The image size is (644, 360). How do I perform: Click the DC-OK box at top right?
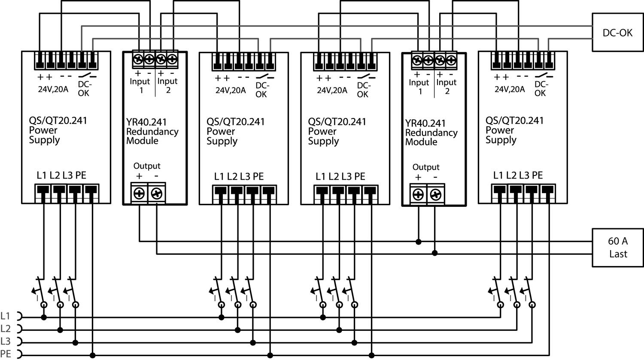617,33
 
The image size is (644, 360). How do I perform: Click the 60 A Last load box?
617,248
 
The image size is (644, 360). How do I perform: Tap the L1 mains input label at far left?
6,316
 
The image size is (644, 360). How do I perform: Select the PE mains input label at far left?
6,354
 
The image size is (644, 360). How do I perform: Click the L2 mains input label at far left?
6,329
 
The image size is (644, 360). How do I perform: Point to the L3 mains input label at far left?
6,342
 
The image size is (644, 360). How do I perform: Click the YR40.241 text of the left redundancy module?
146,122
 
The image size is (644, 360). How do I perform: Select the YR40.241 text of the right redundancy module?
425,124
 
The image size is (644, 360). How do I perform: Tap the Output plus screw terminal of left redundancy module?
139,194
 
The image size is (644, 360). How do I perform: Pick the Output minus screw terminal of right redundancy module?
435,195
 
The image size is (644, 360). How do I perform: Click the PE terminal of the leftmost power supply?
91,190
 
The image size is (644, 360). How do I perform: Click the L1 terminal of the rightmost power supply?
499,190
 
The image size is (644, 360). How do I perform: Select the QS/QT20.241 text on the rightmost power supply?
514,121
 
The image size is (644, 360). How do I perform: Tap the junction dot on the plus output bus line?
419,242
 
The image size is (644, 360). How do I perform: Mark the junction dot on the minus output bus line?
435,253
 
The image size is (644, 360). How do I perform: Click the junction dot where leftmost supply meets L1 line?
44,318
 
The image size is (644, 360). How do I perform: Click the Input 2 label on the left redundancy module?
167,85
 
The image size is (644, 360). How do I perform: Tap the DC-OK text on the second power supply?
261,90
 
